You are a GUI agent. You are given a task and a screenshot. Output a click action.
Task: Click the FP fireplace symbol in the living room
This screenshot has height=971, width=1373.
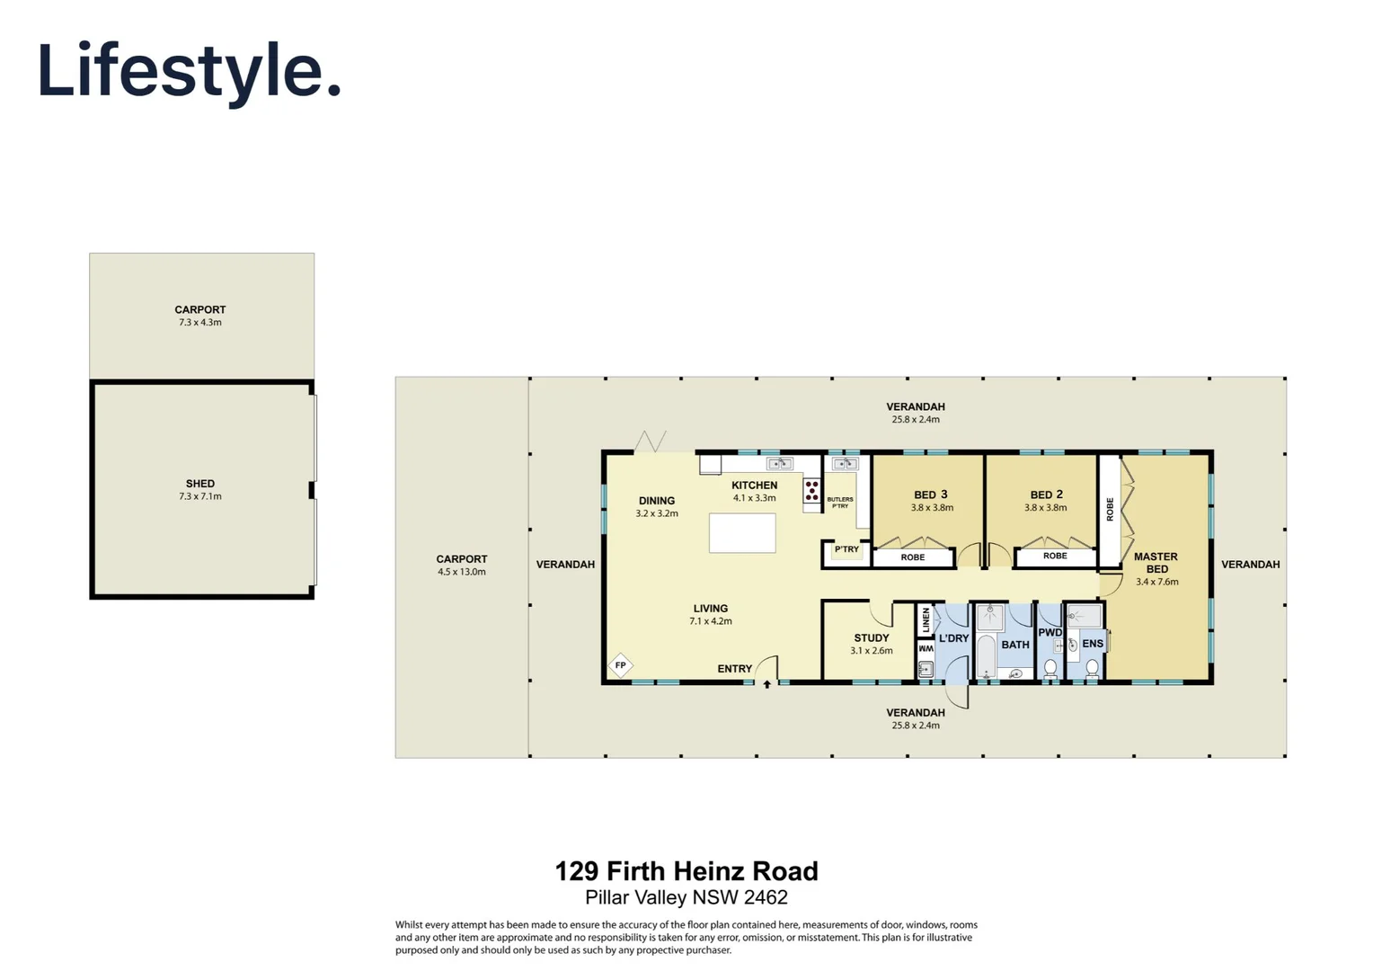pyautogui.click(x=621, y=665)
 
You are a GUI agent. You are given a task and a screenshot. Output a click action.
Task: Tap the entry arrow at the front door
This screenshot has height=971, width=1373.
pyautogui.click(x=767, y=684)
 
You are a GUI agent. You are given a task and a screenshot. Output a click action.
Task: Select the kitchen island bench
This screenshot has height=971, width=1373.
pyautogui.click(x=742, y=533)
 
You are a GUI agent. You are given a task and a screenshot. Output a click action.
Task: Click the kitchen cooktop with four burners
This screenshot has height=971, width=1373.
pyautogui.click(x=812, y=490)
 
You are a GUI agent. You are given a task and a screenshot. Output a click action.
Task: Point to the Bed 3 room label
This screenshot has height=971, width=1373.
pyautogui.click(x=931, y=494)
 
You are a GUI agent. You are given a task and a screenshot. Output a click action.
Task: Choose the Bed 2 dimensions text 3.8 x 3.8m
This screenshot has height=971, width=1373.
pyautogui.click(x=1046, y=508)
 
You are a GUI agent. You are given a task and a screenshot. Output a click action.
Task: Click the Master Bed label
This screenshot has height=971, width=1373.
pyautogui.click(x=1156, y=563)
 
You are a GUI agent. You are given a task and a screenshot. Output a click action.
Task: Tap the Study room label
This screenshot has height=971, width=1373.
pyautogui.click(x=872, y=637)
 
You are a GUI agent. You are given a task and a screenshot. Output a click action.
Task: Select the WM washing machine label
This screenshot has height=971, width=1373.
pyautogui.click(x=926, y=648)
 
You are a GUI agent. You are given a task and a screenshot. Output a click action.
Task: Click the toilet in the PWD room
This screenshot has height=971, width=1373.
pyautogui.click(x=1050, y=668)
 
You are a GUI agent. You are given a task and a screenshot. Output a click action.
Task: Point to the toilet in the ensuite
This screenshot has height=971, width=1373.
pyautogui.click(x=1092, y=668)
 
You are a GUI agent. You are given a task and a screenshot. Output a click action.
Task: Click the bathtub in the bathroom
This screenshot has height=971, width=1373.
pyautogui.click(x=986, y=656)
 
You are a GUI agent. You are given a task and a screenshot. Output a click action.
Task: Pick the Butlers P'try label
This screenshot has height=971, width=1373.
pyautogui.click(x=840, y=503)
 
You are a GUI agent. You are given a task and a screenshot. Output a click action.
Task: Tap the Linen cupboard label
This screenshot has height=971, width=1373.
pyautogui.click(x=926, y=619)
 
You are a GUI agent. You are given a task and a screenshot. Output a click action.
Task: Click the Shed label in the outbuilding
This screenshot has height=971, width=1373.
pyautogui.click(x=200, y=484)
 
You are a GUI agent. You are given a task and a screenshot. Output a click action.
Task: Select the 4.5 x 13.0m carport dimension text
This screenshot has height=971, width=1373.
pyautogui.click(x=462, y=572)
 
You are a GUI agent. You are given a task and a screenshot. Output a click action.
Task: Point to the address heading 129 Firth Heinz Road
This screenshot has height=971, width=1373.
pyautogui.click(x=686, y=871)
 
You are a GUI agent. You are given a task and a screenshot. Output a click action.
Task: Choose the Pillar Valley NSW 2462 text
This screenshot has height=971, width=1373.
pyautogui.click(x=686, y=897)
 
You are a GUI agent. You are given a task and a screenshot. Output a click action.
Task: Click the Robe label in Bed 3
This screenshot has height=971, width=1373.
pyautogui.click(x=913, y=557)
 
